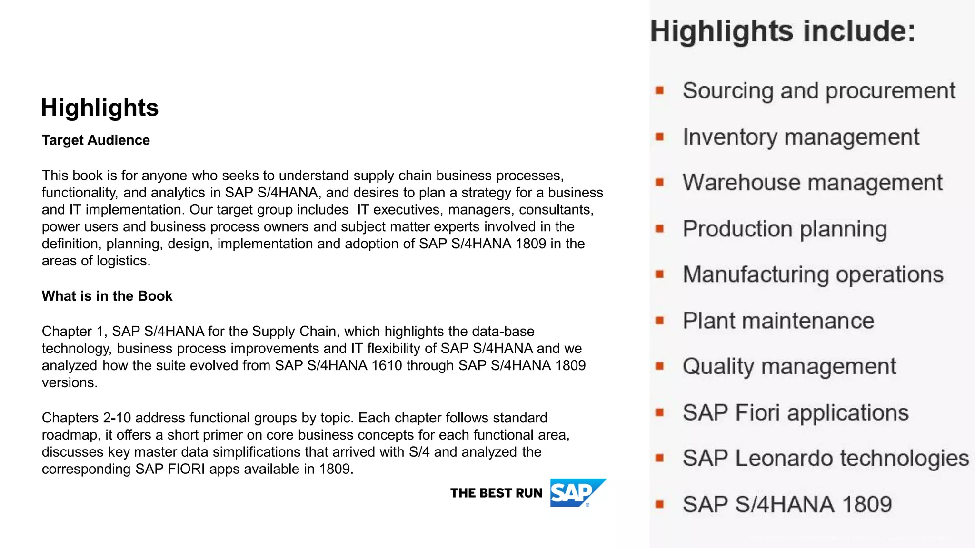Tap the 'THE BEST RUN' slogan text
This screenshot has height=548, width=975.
pyautogui.click(x=496, y=493)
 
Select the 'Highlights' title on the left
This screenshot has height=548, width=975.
pyautogui.click(x=99, y=108)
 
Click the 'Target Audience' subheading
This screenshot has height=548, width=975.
pyautogui.click(x=96, y=140)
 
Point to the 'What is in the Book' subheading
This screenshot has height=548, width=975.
pyautogui.click(x=107, y=296)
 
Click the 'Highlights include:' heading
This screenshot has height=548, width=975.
pyautogui.click(x=783, y=31)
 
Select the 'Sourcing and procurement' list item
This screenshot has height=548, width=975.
pyautogui.click(x=819, y=91)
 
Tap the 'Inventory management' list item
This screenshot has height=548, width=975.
pyautogui.click(x=801, y=137)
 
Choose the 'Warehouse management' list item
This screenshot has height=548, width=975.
pyautogui.click(x=812, y=183)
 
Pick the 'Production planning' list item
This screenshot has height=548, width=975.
pyautogui.click(x=785, y=229)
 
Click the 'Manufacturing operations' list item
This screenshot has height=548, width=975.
pyautogui.click(x=813, y=274)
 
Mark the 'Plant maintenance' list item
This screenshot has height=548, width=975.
pyautogui.click(x=778, y=321)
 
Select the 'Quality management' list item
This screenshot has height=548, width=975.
pyautogui.click(x=789, y=367)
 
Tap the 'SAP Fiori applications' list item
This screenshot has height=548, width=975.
pyautogui.click(x=796, y=412)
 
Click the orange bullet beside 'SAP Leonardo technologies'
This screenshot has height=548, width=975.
pyautogui.click(x=659, y=459)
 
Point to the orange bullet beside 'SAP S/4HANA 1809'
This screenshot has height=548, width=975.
pyautogui.click(x=659, y=504)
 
